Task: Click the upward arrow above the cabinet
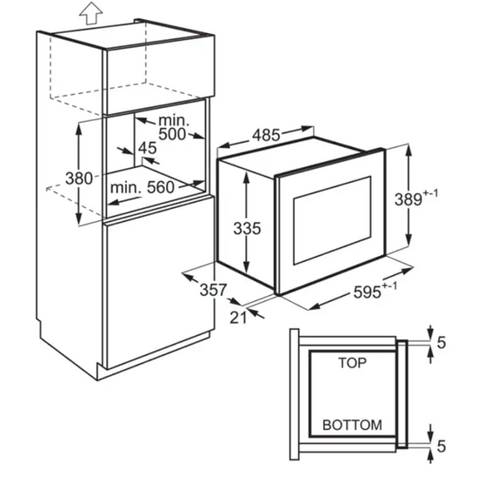[x=90, y=12]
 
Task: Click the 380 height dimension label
[x=79, y=178]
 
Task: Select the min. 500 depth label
[x=173, y=127]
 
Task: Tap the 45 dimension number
[x=148, y=148]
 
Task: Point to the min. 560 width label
[x=143, y=187]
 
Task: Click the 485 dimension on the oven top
[x=266, y=136]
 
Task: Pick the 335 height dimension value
[x=247, y=228]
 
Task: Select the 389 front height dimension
[x=408, y=199]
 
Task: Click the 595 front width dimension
[x=367, y=292]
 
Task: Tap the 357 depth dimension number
[x=213, y=290]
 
